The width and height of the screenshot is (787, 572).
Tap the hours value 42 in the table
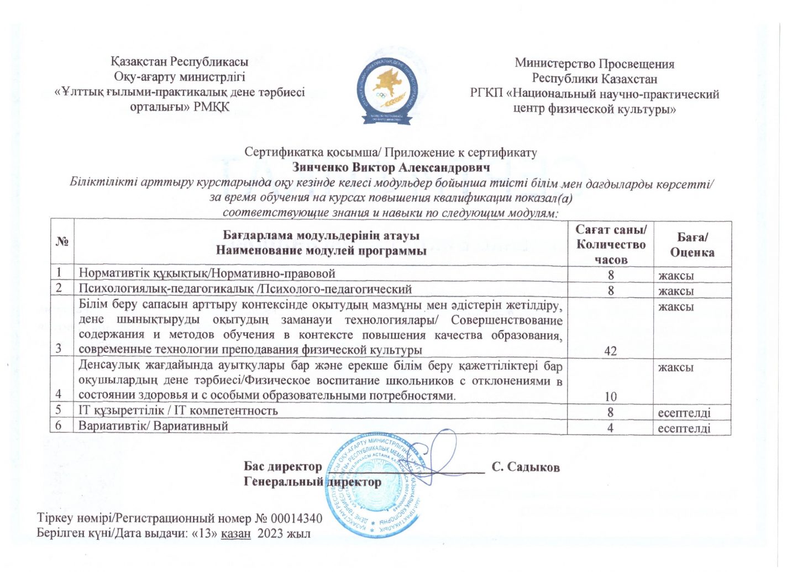[x=610, y=350]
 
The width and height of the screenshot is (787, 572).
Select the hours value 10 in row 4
[x=610, y=396]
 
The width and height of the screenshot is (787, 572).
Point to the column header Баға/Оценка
[x=692, y=244]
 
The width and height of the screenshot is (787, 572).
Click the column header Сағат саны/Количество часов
[x=610, y=244]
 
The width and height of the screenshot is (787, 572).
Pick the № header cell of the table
[x=62, y=243]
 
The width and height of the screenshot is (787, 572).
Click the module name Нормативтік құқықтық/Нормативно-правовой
[x=207, y=273]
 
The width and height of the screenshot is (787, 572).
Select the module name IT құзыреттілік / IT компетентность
[x=178, y=411]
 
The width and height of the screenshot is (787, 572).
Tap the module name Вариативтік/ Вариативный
[x=153, y=426]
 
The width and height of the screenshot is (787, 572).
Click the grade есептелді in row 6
[x=684, y=428]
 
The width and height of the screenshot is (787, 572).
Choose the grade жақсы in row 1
[x=675, y=275]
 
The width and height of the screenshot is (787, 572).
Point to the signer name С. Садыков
[x=526, y=468]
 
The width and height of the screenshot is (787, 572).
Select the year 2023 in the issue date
[x=269, y=534]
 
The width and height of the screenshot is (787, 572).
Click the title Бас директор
[x=283, y=467]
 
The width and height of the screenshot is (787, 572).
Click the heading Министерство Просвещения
[x=594, y=64]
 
